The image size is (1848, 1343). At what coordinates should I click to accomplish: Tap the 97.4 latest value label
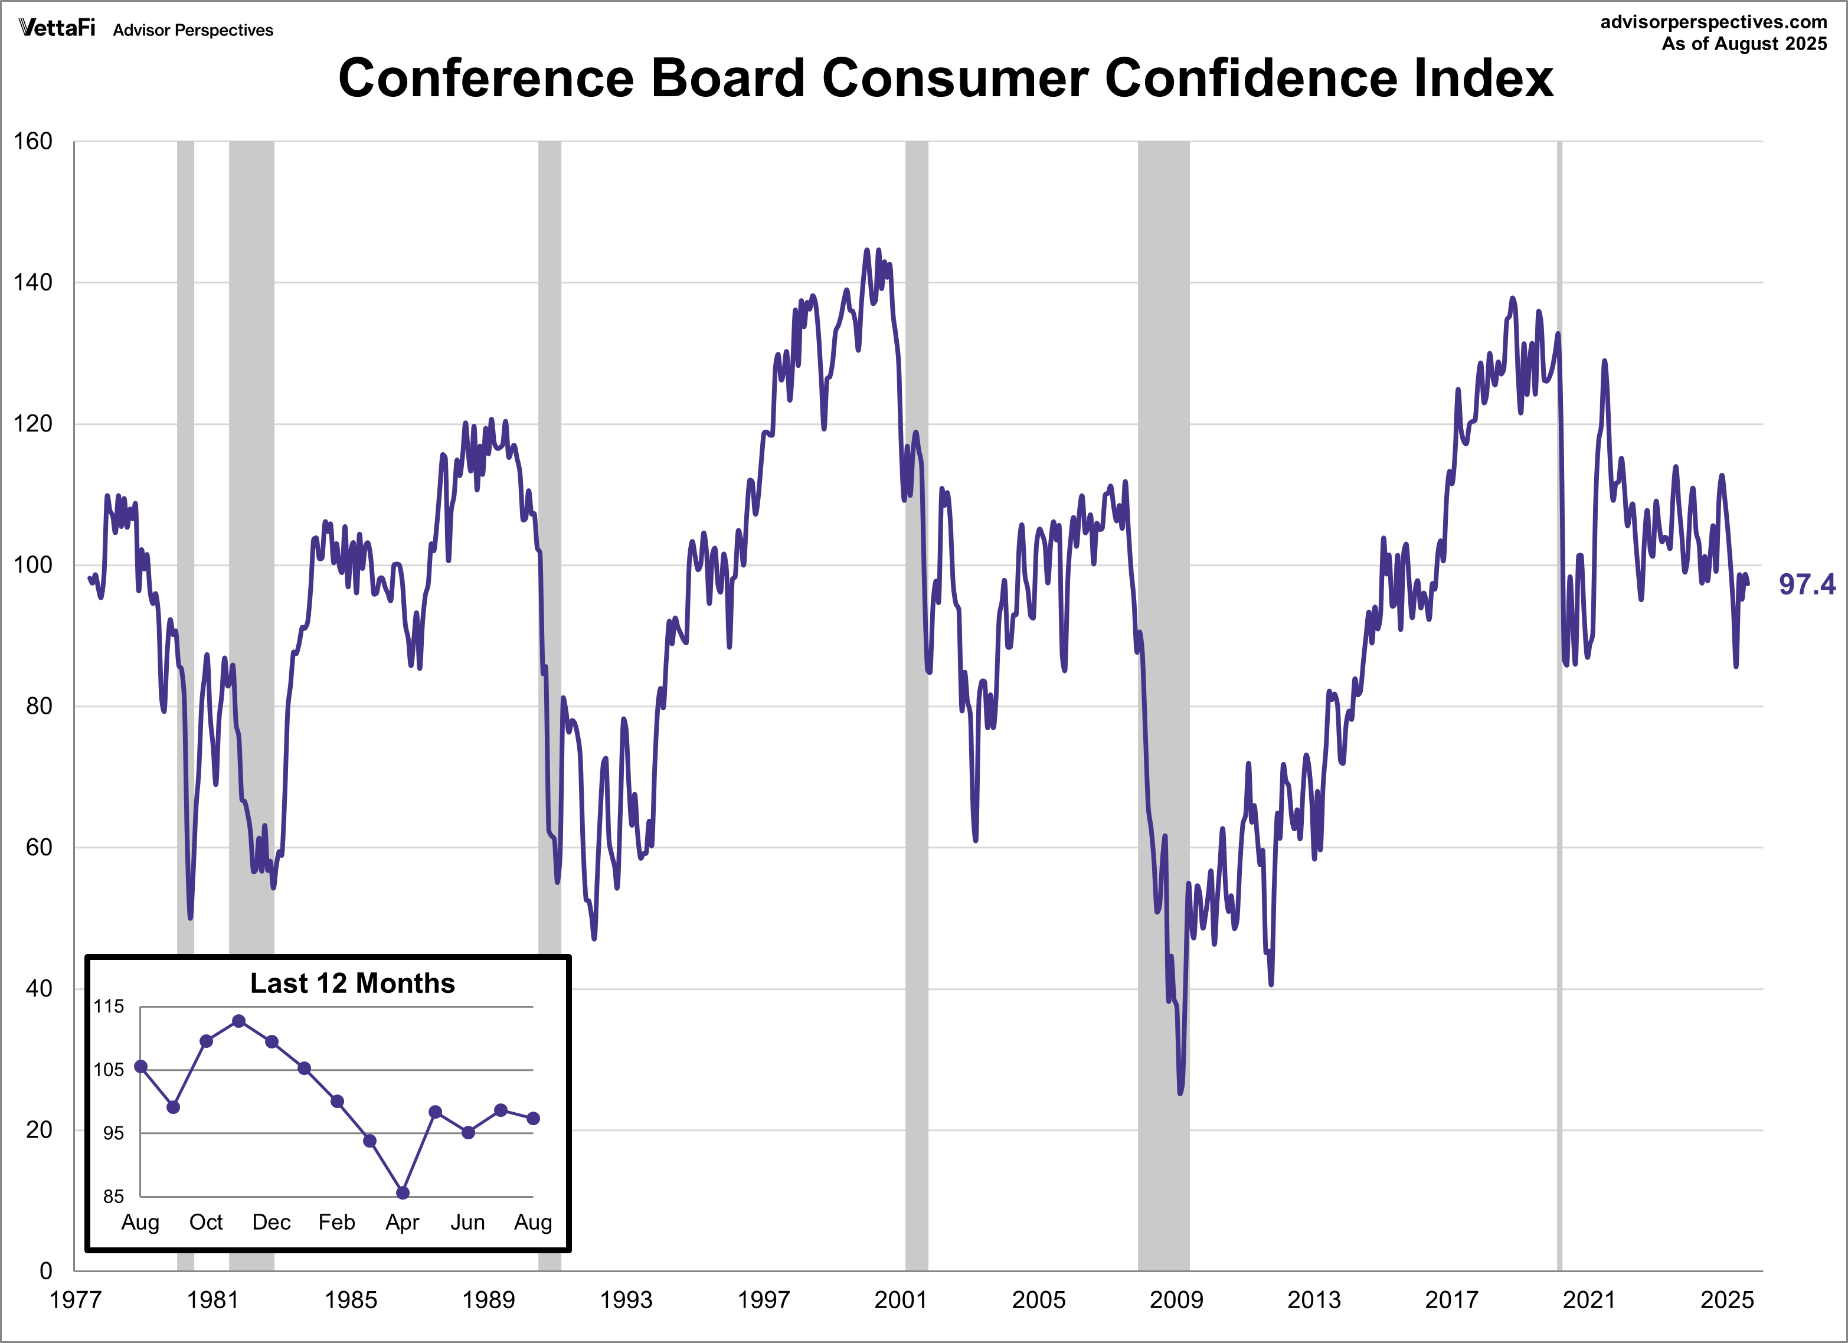[1807, 584]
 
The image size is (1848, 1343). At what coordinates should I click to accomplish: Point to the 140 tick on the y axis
[32, 283]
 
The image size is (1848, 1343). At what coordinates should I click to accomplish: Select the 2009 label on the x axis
[1176, 1300]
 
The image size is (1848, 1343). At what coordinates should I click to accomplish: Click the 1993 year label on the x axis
[626, 1300]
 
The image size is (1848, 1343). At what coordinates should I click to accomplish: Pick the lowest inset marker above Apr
[403, 1193]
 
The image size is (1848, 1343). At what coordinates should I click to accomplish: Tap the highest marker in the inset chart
[238, 1021]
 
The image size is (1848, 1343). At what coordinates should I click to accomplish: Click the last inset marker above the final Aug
[533, 1119]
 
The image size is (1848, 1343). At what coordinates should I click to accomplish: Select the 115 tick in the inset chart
[109, 1007]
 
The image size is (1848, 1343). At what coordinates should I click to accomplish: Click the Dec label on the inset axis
[272, 1223]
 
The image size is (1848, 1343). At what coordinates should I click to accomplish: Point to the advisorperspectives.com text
[1713, 22]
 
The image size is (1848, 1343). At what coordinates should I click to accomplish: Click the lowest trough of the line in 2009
[1180, 1092]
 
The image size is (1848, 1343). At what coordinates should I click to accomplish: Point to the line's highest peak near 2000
[867, 250]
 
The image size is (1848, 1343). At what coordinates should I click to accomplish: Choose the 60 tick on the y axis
[38, 848]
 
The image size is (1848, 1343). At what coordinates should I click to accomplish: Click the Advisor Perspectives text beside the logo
[193, 30]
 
